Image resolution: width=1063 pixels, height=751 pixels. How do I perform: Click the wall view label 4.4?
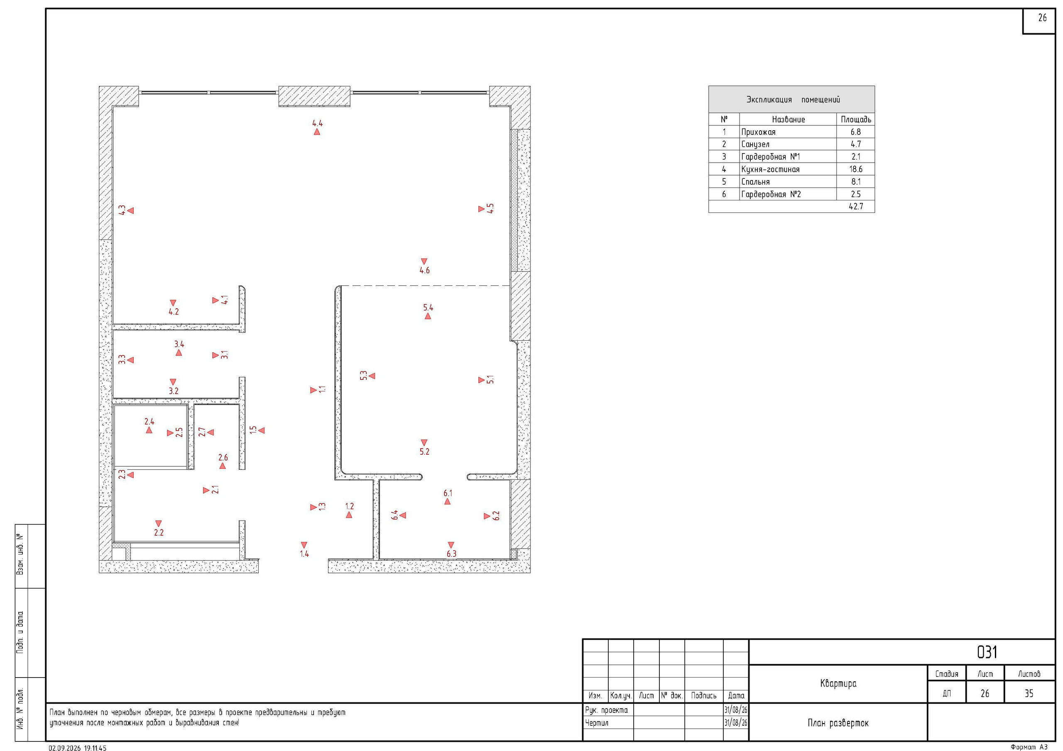[317, 124]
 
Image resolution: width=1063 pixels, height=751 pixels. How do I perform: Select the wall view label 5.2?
[424, 451]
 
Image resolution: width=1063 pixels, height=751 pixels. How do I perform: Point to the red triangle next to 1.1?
[314, 390]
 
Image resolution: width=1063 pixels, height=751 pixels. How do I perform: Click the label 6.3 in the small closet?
[451, 554]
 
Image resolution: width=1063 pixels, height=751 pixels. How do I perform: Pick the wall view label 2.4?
[149, 422]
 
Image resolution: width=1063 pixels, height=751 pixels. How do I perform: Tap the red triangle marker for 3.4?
[179, 353]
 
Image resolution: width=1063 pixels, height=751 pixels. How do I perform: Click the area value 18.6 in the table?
[855, 169]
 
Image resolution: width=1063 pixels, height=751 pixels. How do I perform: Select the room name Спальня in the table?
[756, 182]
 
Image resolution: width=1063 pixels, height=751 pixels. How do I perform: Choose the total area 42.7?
[855, 206]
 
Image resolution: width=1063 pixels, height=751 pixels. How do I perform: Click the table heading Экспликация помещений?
[793, 100]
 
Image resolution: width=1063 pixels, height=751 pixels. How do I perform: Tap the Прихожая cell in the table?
[758, 132]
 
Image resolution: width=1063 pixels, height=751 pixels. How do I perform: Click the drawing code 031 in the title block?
[987, 652]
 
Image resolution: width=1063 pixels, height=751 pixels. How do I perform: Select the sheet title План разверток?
[838, 723]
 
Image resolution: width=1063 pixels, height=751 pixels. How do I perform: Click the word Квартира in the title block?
[838, 683]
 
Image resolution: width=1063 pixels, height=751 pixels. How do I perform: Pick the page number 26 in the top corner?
[1042, 18]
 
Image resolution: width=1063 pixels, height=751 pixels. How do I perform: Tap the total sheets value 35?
[1029, 693]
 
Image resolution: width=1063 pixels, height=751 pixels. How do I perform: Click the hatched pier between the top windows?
[314, 96]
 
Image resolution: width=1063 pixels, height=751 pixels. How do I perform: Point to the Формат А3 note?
[1029, 747]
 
